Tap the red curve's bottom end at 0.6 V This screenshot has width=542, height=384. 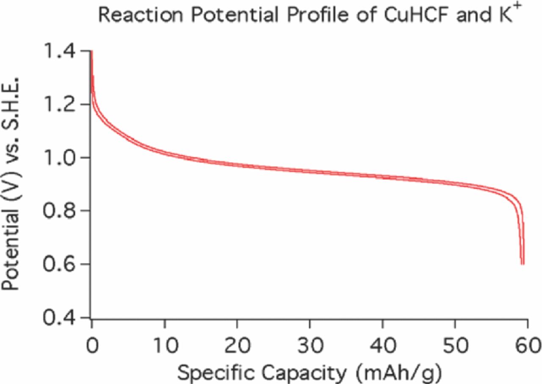coord(523,263)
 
